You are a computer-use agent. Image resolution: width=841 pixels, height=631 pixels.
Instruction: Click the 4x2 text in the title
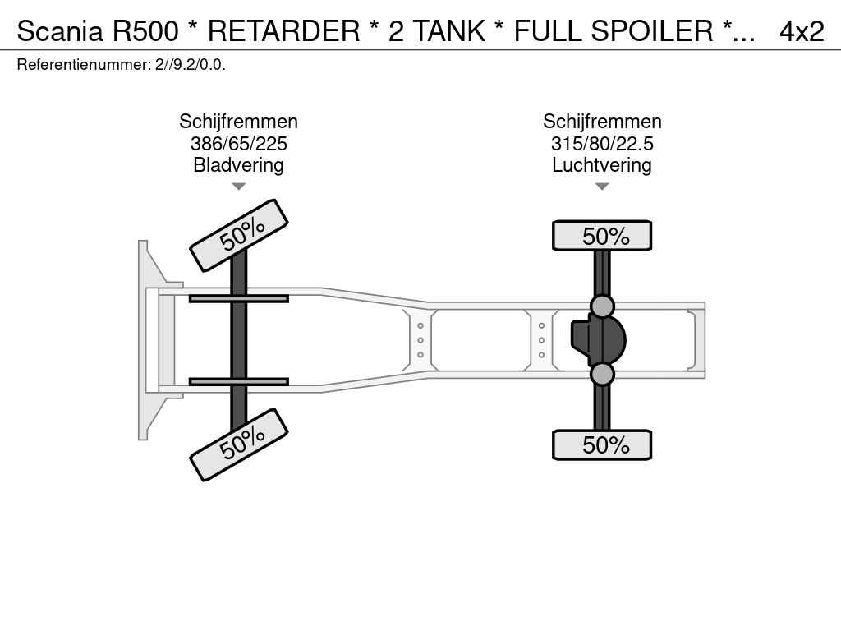click(802, 30)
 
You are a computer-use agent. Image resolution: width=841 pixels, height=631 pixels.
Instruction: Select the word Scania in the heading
click(60, 30)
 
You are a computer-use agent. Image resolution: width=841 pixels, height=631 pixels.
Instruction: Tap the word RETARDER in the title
click(283, 30)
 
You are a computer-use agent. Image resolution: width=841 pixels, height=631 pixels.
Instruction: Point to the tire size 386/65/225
click(238, 144)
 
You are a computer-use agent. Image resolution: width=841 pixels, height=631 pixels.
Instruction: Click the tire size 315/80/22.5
click(602, 144)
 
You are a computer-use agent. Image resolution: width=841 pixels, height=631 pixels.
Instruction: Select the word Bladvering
click(238, 165)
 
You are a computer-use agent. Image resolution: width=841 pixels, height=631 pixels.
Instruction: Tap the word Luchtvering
click(602, 165)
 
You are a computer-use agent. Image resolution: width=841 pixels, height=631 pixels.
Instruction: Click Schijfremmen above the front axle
click(238, 122)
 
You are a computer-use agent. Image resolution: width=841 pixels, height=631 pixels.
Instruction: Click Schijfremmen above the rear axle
click(602, 122)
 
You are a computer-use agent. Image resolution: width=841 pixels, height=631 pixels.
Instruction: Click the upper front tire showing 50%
click(239, 235)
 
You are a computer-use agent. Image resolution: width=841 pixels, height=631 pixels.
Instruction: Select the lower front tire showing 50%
click(239, 444)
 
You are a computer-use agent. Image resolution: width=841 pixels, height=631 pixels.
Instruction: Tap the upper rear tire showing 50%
click(602, 236)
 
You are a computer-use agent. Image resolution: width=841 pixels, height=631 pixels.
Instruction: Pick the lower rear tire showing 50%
click(602, 445)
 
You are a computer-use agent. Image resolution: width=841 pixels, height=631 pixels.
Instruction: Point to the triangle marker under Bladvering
click(238, 187)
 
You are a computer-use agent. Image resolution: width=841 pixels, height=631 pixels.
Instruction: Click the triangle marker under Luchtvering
click(602, 187)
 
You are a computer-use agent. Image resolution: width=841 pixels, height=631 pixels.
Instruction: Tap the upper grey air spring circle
click(602, 306)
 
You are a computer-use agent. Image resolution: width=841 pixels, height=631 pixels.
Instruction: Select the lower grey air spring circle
click(602, 375)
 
